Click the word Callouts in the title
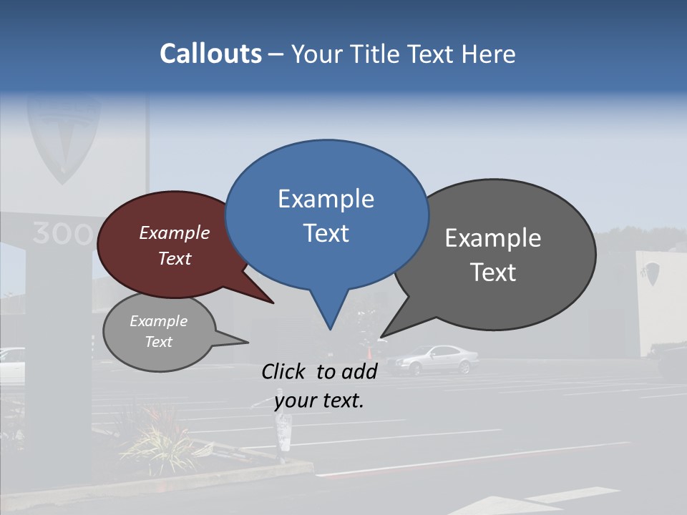tap(210, 54)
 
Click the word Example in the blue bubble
tap(326, 198)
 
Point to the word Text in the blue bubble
tap(326, 232)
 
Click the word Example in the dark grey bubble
tap(493, 238)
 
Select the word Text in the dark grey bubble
tap(493, 272)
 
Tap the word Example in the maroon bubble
tap(175, 232)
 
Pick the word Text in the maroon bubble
tap(175, 258)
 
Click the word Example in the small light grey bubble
tap(159, 321)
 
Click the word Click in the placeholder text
tap(284, 371)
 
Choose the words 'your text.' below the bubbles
tap(319, 401)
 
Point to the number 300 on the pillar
tap(62, 234)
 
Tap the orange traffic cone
tap(370, 353)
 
